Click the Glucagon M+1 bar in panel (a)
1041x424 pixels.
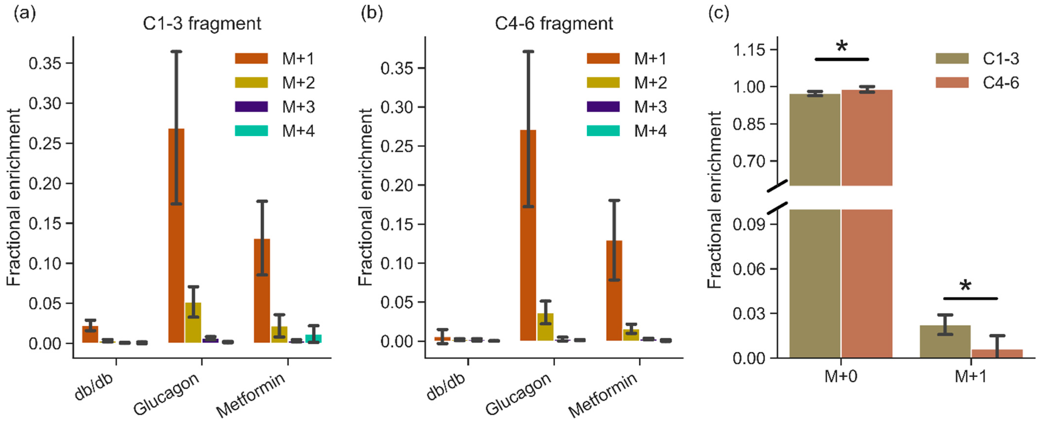176,243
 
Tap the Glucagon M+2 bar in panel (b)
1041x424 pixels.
545,327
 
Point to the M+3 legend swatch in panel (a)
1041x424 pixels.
251,107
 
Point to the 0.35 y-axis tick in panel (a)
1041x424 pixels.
44,63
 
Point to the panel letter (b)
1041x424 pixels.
371,13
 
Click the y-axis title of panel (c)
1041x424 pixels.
714,200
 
